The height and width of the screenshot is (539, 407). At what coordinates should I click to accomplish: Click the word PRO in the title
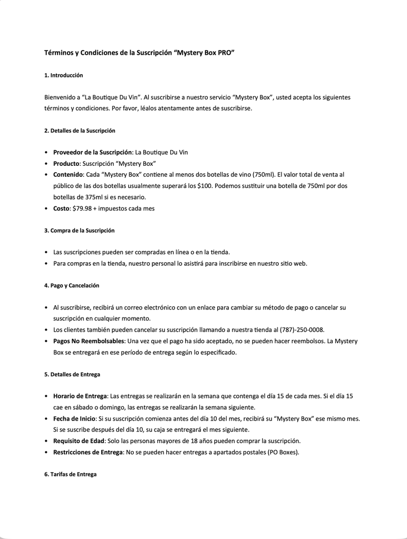click(x=224, y=53)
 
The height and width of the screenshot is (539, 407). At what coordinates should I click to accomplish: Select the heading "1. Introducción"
click(x=64, y=76)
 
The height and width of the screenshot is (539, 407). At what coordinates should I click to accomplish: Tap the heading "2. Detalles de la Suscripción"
click(x=80, y=131)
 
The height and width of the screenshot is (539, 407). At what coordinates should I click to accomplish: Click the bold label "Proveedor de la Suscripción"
click(x=92, y=152)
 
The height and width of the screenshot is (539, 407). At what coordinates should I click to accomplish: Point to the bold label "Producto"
click(x=66, y=163)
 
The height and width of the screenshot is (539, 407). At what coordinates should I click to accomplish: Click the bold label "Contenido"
click(x=68, y=174)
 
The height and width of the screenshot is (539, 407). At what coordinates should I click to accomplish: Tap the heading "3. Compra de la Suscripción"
click(x=79, y=231)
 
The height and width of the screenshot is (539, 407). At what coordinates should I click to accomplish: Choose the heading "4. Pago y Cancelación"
click(x=72, y=285)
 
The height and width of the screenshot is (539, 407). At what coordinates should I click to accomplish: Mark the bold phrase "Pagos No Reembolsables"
click(x=88, y=341)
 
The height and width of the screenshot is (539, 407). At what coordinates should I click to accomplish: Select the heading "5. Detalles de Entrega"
click(x=72, y=375)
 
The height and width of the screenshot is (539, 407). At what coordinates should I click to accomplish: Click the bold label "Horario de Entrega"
click(x=80, y=396)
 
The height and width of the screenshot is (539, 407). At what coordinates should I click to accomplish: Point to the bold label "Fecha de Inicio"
click(x=74, y=418)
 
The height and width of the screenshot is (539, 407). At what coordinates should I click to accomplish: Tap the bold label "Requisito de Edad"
click(x=79, y=441)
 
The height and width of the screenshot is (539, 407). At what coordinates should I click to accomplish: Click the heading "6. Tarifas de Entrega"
click(x=71, y=474)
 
